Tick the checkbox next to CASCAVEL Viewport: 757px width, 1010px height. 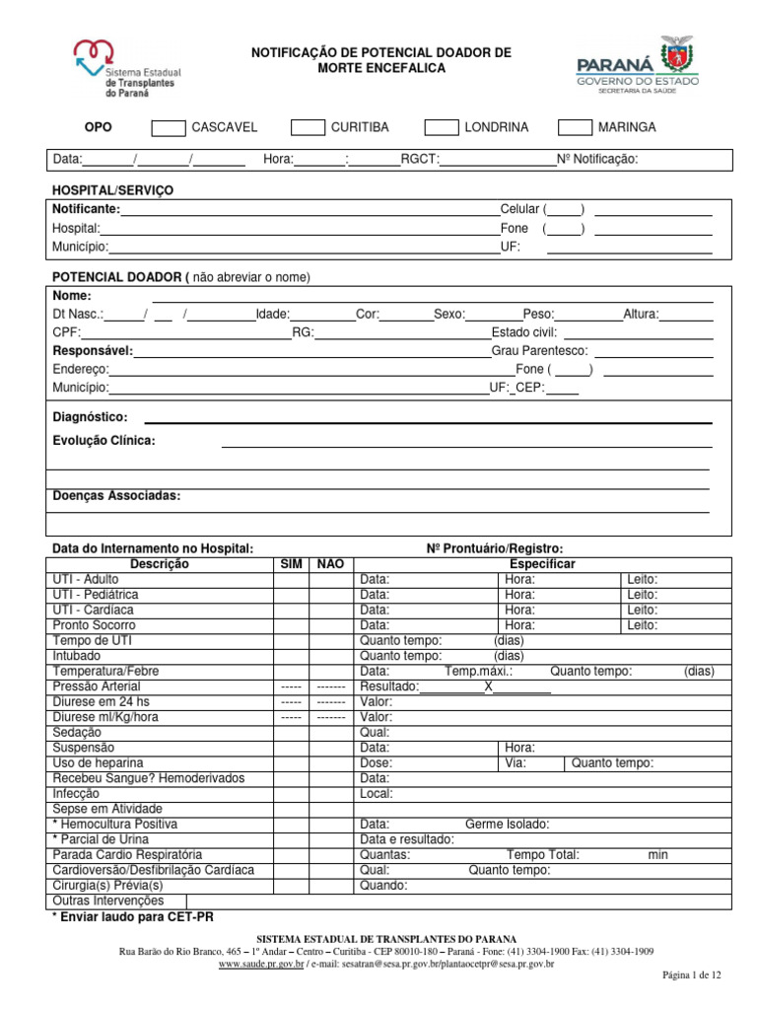pyautogui.click(x=169, y=127)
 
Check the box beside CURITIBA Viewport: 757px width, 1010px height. pyautogui.click(x=309, y=127)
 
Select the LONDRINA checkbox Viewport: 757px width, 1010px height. pyautogui.click(x=441, y=127)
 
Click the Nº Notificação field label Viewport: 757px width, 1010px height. pyautogui.click(x=597, y=160)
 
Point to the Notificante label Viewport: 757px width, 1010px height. pyautogui.click(x=87, y=209)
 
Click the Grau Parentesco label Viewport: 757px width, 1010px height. pyautogui.click(x=539, y=350)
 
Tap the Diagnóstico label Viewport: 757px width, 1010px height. pyautogui.click(x=90, y=417)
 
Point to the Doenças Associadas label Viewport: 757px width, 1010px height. pyautogui.click(x=116, y=495)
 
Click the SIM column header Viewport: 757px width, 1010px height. pyautogui.click(x=292, y=564)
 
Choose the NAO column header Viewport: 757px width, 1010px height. pyautogui.click(x=331, y=564)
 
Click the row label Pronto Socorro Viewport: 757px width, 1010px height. pyautogui.click(x=95, y=625)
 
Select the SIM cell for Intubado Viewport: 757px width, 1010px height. pyautogui.click(x=292, y=656)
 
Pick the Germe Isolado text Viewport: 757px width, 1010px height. pyautogui.click(x=507, y=824)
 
